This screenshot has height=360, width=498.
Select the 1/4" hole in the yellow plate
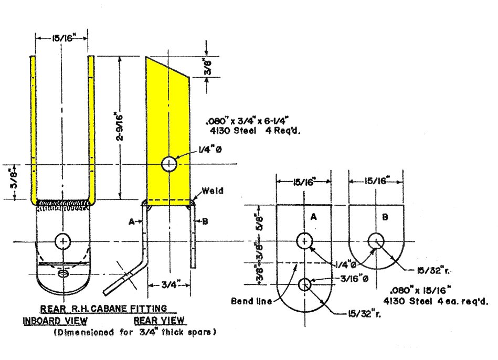168,164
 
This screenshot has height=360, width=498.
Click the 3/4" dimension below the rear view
168,285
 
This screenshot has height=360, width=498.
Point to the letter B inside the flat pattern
385,217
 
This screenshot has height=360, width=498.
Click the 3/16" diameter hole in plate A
304,284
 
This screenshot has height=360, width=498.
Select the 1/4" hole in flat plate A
304,241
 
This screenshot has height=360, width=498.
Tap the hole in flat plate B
376,241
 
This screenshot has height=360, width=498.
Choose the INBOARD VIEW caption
55,320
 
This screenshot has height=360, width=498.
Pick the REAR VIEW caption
159,320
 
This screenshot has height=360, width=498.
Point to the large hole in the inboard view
63,241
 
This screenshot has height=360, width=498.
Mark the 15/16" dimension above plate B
376,182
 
